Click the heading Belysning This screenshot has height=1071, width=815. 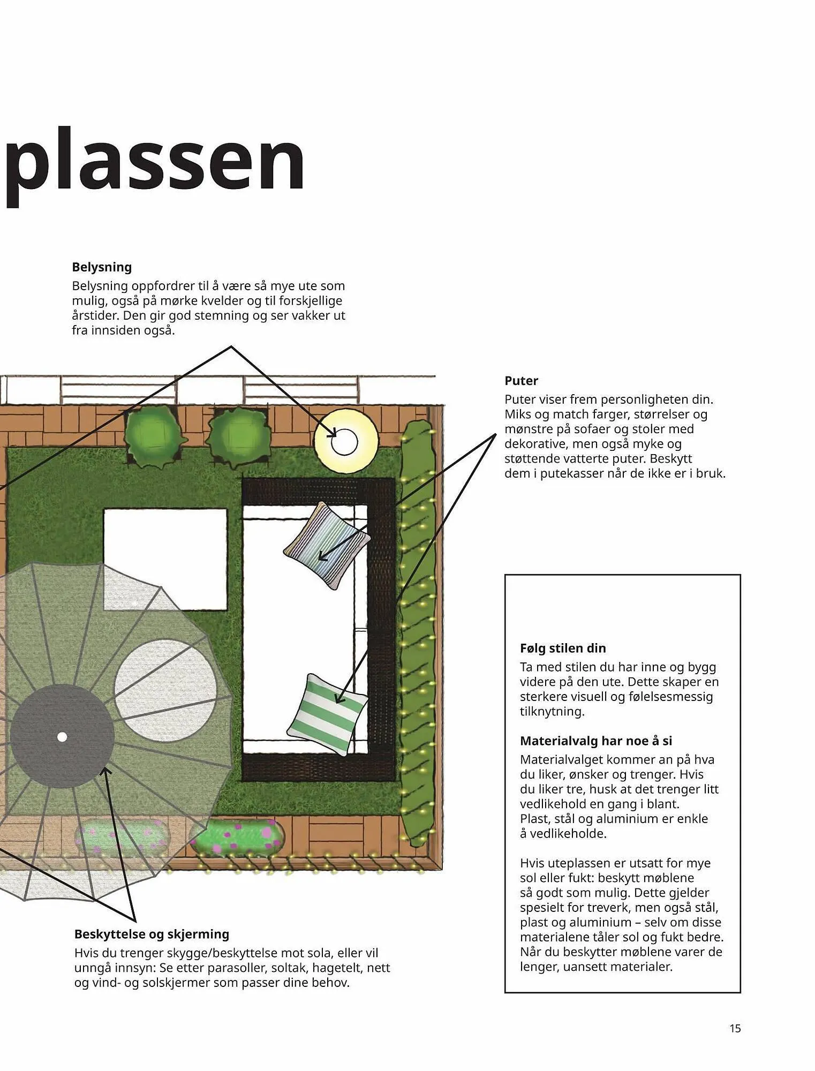coord(102,267)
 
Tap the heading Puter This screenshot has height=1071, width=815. coord(521,381)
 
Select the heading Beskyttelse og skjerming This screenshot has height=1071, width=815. coord(152,934)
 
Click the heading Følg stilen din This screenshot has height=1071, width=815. coord(563,648)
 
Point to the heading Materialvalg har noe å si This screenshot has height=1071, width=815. coord(596,741)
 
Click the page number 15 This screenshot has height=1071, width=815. coord(735,1028)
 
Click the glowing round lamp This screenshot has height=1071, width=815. coord(345,441)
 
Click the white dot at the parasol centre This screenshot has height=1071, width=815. coord(62,737)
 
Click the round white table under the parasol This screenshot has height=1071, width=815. coord(165,691)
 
